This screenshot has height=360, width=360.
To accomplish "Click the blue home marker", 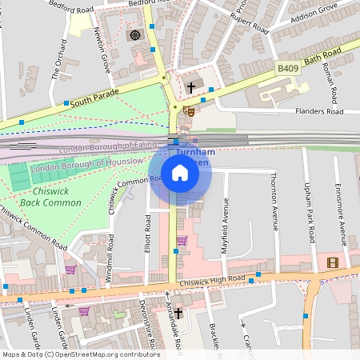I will point(180,173).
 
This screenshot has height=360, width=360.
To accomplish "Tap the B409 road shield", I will point(288,70).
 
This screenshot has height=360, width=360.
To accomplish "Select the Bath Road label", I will point(323,58).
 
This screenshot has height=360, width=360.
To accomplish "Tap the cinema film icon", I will point(333,262).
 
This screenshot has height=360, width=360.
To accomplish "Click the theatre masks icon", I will point(190,110).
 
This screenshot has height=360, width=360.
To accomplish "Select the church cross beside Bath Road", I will point(191,86).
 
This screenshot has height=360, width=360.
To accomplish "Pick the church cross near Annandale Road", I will point(178,313).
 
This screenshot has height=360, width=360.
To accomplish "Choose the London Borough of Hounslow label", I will point(87,165).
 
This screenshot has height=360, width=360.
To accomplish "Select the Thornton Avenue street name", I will point(274,200).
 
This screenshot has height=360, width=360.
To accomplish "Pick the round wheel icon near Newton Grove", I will point(134,34).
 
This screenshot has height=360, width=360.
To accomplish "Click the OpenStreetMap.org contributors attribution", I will point(104,354).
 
